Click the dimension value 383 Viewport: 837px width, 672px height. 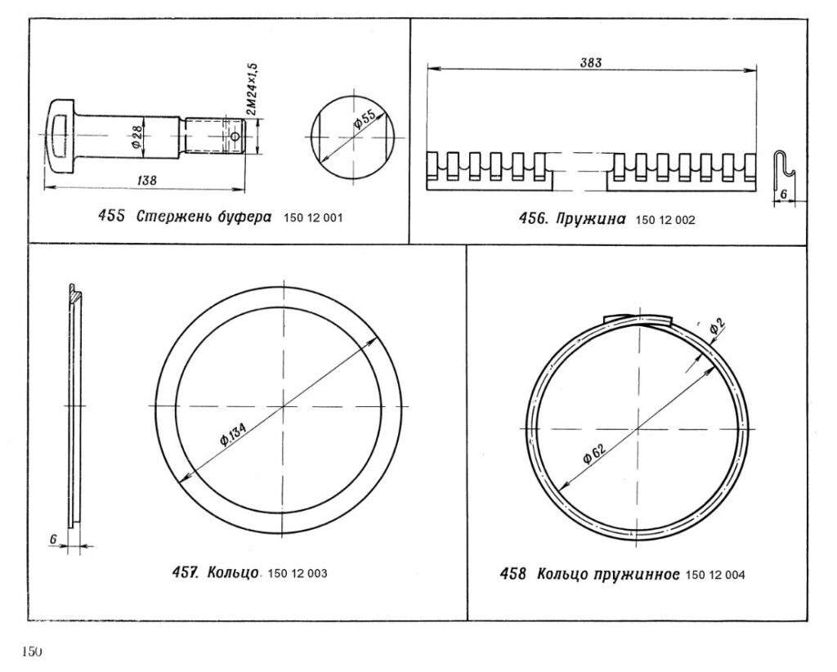[x=591, y=62]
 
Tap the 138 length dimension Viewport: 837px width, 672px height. [x=147, y=181]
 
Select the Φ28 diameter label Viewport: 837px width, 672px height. [x=136, y=137]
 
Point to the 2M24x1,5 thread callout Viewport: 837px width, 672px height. [x=252, y=89]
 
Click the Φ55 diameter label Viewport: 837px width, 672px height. [x=365, y=119]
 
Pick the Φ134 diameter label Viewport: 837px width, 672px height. [x=234, y=430]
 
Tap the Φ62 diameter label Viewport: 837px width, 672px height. [x=594, y=455]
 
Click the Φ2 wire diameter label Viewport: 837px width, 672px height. [x=718, y=325]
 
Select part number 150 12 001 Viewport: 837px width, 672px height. [x=313, y=217]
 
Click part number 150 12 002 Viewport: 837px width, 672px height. [x=665, y=220]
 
